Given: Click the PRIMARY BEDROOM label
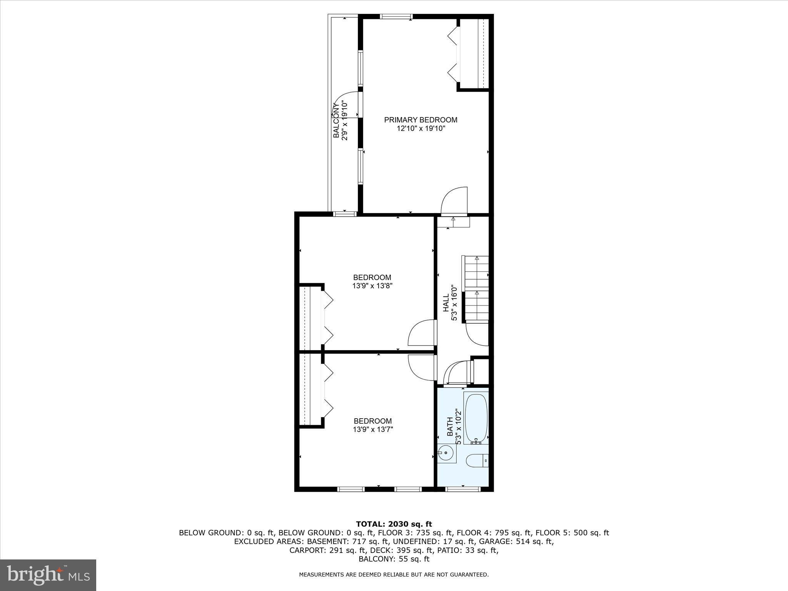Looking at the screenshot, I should coord(421,120).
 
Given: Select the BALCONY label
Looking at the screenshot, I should coord(336,121).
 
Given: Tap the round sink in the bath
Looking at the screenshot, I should coord(446,452).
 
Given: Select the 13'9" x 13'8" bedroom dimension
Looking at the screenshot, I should coord(372,286).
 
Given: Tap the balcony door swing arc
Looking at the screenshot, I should coord(343,103).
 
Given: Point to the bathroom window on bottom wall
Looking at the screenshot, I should coord(463,489).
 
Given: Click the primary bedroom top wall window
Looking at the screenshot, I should coord(396,17).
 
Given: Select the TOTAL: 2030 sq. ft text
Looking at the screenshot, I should coord(394,524).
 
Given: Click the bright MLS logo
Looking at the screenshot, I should coord(48,575).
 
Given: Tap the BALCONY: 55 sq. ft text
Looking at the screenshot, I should coord(394,559).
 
